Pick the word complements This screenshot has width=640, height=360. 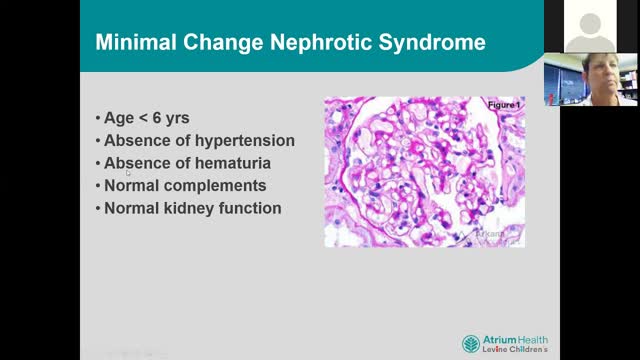pos(218,185)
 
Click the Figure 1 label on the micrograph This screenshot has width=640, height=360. pos(504,105)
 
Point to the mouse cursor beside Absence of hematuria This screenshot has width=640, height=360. pos(128,173)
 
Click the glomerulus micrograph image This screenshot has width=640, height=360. pos(424,171)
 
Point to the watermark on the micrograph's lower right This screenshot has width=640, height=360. pos(490,234)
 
